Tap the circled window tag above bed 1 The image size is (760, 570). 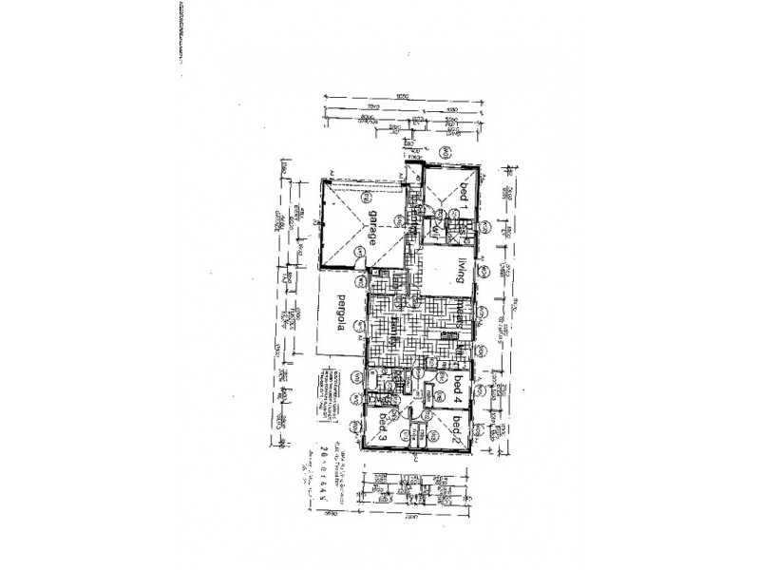[x=444, y=152]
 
